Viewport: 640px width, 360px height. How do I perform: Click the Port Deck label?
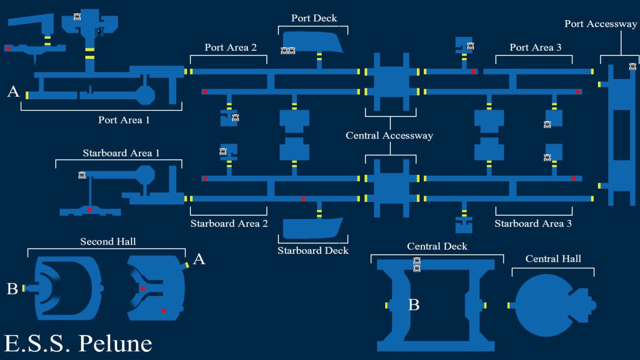click(x=314, y=18)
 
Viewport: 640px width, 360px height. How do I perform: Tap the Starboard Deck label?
click(x=313, y=250)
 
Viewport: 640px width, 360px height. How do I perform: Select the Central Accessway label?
click(x=389, y=135)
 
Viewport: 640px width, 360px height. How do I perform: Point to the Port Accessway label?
click(x=601, y=24)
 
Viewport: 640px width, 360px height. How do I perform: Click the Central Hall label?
click(x=553, y=258)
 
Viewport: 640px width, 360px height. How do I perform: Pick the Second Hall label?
click(x=108, y=242)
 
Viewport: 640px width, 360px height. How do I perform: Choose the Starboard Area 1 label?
click(x=121, y=153)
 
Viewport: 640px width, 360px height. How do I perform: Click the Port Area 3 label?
click(x=536, y=47)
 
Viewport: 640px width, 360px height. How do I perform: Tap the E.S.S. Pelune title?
click(x=78, y=343)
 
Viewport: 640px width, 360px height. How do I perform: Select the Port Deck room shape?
click(x=313, y=42)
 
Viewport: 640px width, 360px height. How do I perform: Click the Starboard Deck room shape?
click(x=313, y=228)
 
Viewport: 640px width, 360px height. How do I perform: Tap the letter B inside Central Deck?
click(x=414, y=305)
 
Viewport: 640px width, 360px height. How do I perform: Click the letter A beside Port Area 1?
click(x=13, y=91)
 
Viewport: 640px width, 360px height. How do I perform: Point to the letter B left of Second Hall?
click(x=12, y=289)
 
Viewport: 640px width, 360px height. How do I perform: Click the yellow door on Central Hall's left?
click(x=509, y=305)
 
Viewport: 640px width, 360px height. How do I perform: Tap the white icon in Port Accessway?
click(x=633, y=66)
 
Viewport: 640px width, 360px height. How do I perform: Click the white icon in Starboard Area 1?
click(x=82, y=175)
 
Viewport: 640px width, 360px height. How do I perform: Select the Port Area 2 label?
click(x=231, y=47)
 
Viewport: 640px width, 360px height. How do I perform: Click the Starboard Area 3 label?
click(x=533, y=223)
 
